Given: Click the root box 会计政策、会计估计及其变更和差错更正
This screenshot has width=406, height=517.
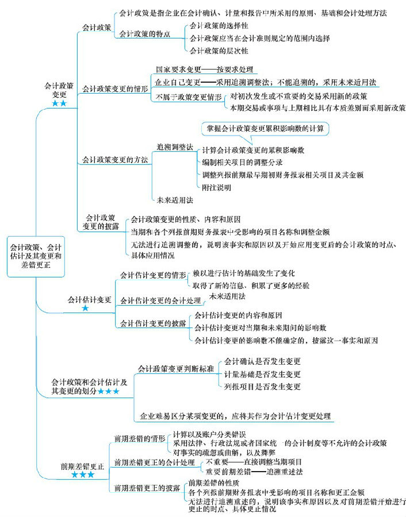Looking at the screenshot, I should point(36,258).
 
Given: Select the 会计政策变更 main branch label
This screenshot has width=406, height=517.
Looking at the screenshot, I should point(59,90).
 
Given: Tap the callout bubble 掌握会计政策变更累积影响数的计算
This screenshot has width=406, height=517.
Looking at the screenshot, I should point(265,129).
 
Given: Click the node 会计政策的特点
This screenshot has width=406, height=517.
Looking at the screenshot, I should point(144,34).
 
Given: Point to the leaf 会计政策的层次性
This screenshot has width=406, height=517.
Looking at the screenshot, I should point(219,51).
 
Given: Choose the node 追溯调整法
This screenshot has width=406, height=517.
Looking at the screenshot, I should point(175,147).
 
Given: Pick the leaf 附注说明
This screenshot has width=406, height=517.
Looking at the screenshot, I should point(215,187).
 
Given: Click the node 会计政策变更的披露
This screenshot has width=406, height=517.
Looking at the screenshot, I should point(100,222).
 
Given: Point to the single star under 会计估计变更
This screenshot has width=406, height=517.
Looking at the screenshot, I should point(85,308).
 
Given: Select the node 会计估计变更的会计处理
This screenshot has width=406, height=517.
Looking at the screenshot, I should point(160,300).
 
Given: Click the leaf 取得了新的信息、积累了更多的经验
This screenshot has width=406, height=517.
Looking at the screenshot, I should point(250,284).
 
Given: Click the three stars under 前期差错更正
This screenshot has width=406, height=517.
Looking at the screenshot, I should point(83,475).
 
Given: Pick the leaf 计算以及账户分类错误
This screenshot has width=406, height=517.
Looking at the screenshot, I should point(210,434).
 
